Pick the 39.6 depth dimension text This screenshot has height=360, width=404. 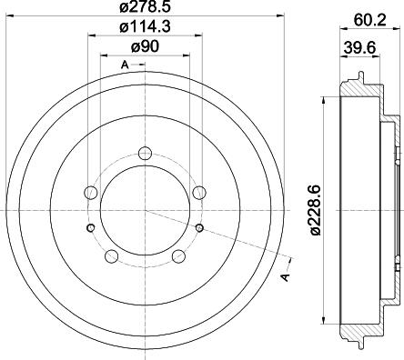(358, 46)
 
